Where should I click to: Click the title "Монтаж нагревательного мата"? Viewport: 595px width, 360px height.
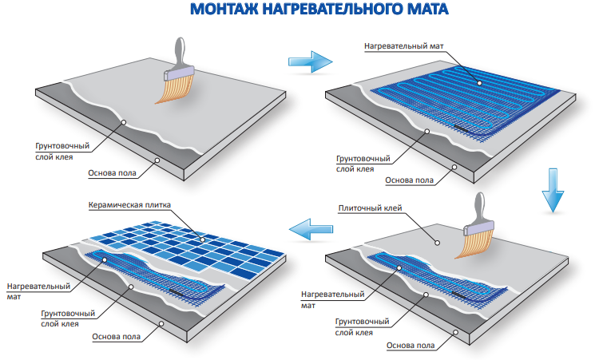click(319, 11)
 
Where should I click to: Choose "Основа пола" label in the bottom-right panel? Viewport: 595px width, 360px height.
click(411, 346)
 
